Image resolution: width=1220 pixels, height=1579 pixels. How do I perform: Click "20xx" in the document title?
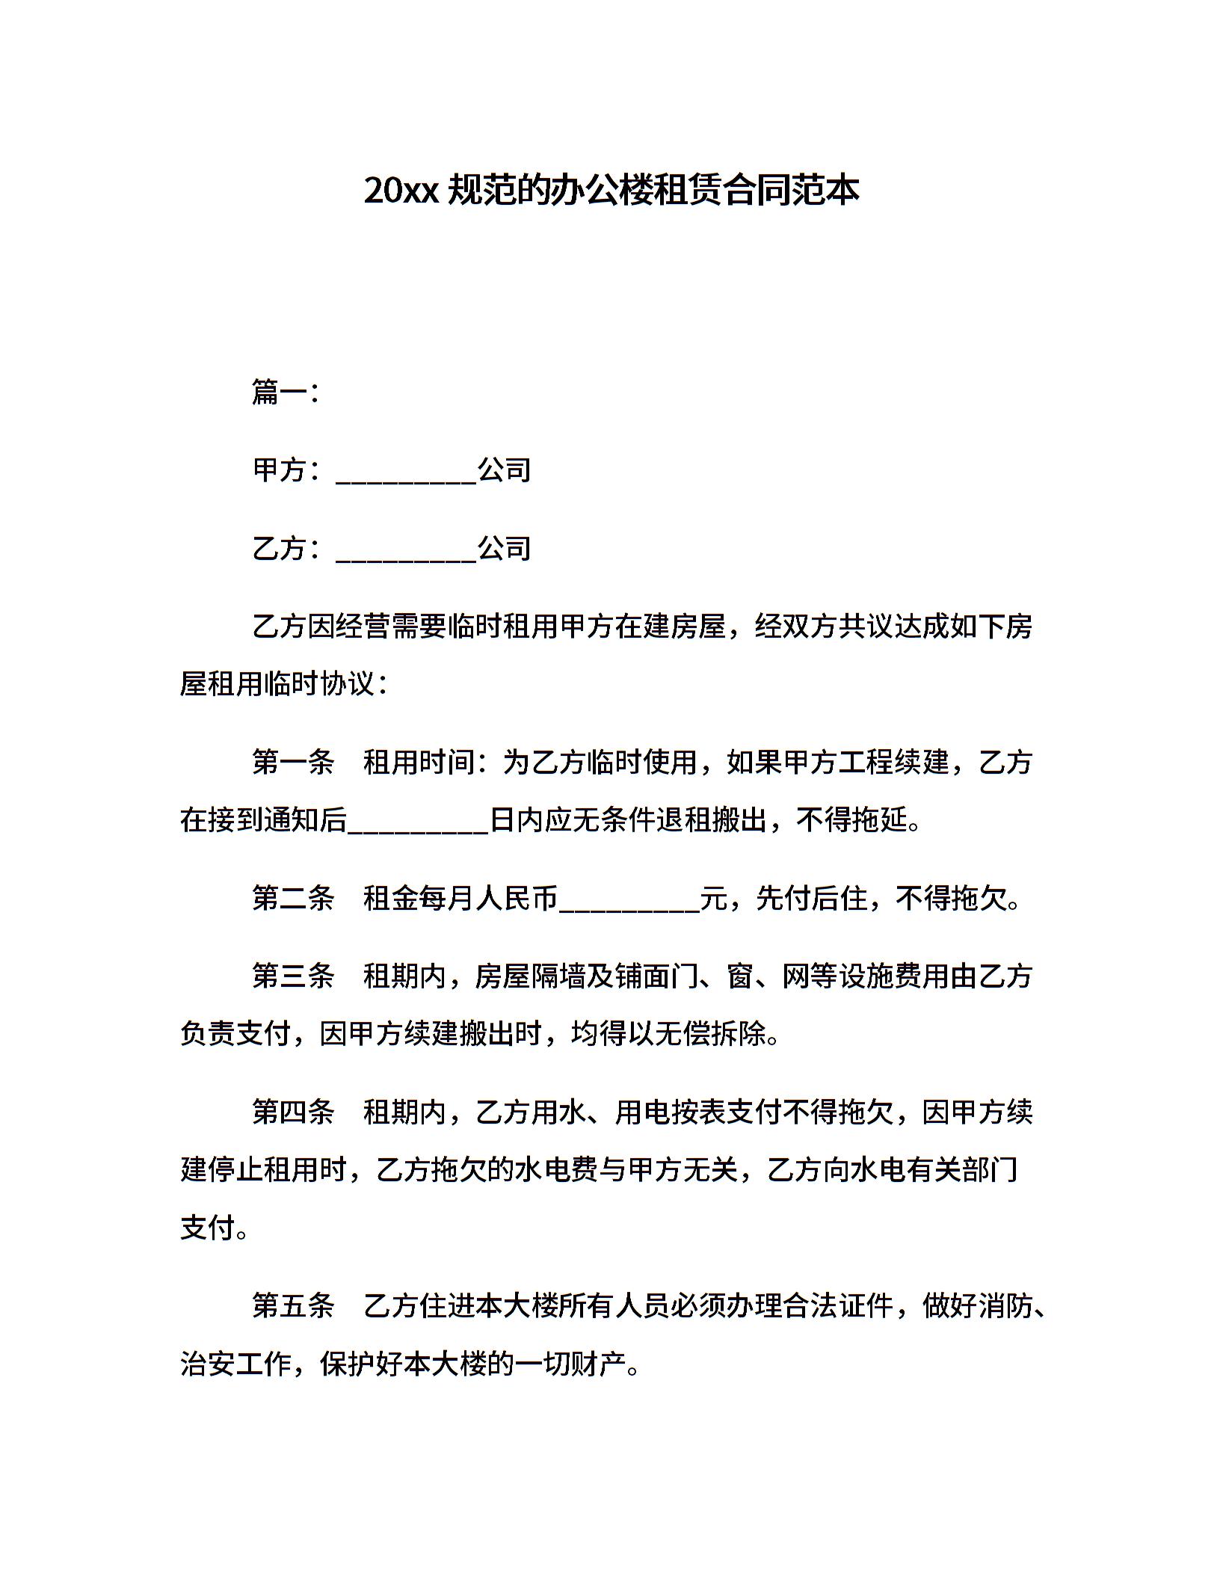tap(400, 191)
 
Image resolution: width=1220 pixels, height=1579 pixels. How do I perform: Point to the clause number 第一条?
tap(293, 762)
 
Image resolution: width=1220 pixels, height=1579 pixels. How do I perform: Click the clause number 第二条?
tap(293, 898)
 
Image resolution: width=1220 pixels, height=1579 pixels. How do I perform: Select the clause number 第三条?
tap(293, 976)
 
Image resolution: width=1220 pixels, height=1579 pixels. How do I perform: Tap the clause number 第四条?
tap(293, 1112)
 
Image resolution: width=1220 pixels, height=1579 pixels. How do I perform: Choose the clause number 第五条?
tap(293, 1306)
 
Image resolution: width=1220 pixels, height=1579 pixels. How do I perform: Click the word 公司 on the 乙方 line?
tap(505, 549)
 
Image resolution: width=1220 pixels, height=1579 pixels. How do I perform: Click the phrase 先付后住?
tap(811, 898)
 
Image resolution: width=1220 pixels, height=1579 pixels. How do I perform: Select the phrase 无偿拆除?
tap(710, 1035)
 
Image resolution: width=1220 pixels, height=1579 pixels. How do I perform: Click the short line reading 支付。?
tap(215, 1228)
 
